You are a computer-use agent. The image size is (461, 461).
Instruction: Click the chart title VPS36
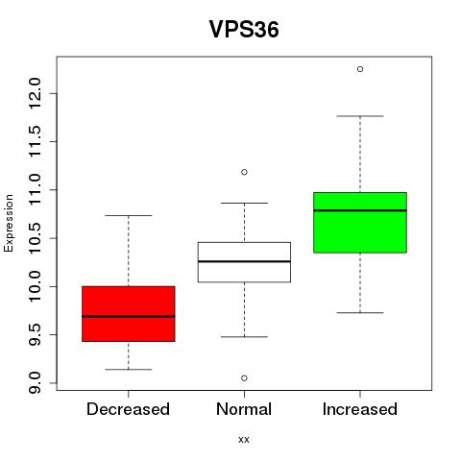point(244,30)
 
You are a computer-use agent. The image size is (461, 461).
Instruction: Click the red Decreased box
point(129,314)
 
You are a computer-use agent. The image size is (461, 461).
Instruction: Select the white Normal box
point(244,262)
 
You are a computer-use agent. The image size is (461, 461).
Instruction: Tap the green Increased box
point(360,223)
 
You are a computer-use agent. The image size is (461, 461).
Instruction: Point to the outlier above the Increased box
point(360,69)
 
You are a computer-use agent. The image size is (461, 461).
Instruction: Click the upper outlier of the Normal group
point(244,172)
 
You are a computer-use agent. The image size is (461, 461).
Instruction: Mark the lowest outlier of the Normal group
point(244,378)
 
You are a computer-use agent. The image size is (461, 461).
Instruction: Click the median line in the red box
point(129,316)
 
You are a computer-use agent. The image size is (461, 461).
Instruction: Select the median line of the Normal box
point(244,261)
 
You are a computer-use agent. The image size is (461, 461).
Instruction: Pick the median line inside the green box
point(360,210)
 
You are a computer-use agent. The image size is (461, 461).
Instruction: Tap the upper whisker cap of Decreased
point(129,215)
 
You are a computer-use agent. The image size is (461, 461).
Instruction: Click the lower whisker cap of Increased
point(360,312)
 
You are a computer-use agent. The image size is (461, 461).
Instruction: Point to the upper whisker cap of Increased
point(360,116)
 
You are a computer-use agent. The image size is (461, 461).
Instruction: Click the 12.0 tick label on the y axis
point(35,93)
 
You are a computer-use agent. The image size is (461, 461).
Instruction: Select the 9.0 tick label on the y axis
point(35,383)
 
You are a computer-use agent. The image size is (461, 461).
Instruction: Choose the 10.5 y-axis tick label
point(35,238)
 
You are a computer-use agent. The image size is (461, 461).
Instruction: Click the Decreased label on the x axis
point(128,409)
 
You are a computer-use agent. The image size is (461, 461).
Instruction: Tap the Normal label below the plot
point(244,409)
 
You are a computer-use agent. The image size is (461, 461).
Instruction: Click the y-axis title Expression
point(9,223)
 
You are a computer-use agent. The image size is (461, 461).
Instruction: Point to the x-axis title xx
point(244,440)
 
